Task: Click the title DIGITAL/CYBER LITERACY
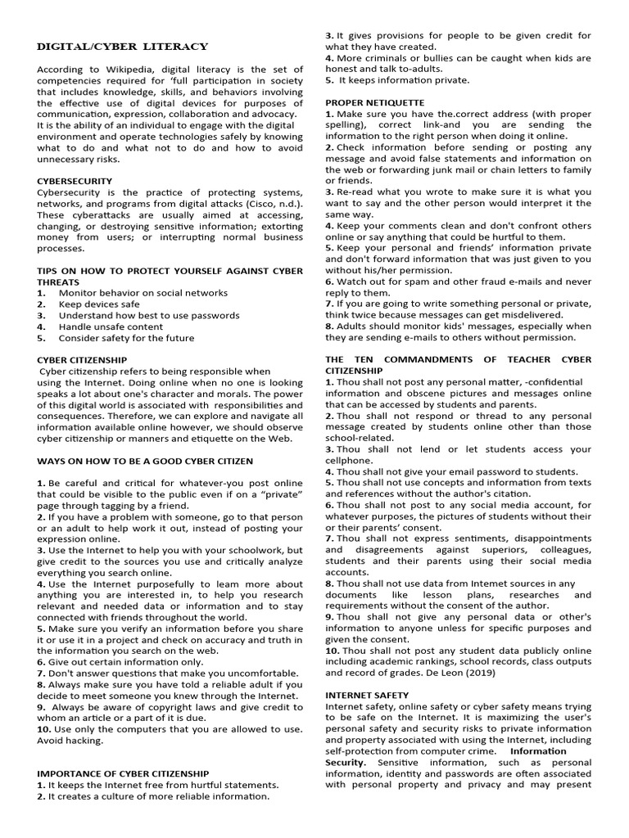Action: (x=122, y=47)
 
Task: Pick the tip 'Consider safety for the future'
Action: (x=126, y=338)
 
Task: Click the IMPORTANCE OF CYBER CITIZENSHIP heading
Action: (x=122, y=773)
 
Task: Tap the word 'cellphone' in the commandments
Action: (x=351, y=460)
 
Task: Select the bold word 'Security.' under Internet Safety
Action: (x=346, y=762)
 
